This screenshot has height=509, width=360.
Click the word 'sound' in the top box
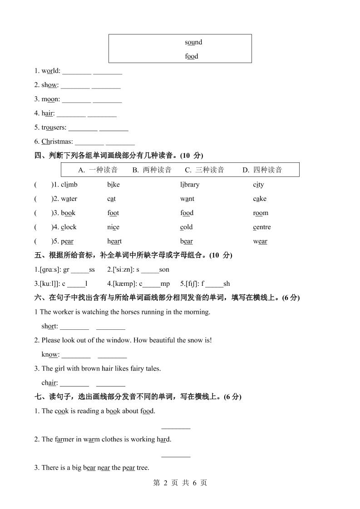pos(193,42)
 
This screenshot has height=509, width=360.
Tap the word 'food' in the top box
pos(192,56)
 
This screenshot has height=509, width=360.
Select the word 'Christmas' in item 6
pos(57,142)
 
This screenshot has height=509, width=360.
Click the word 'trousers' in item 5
pos(54,127)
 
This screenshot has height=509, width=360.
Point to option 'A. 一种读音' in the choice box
pos(98,170)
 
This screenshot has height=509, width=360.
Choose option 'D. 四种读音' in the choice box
pos(262,170)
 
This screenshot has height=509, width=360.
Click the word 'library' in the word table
pos(190,185)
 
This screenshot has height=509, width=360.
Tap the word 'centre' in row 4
pos(262,227)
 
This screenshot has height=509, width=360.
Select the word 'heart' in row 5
pos(114,241)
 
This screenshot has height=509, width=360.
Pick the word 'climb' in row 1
pos(69,185)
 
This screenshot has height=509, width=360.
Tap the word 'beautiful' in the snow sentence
pos(158,340)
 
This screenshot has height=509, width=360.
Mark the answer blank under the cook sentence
pos(176,427)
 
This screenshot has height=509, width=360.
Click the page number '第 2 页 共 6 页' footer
pos(180,483)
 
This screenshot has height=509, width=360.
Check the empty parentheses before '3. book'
pos(43,213)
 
